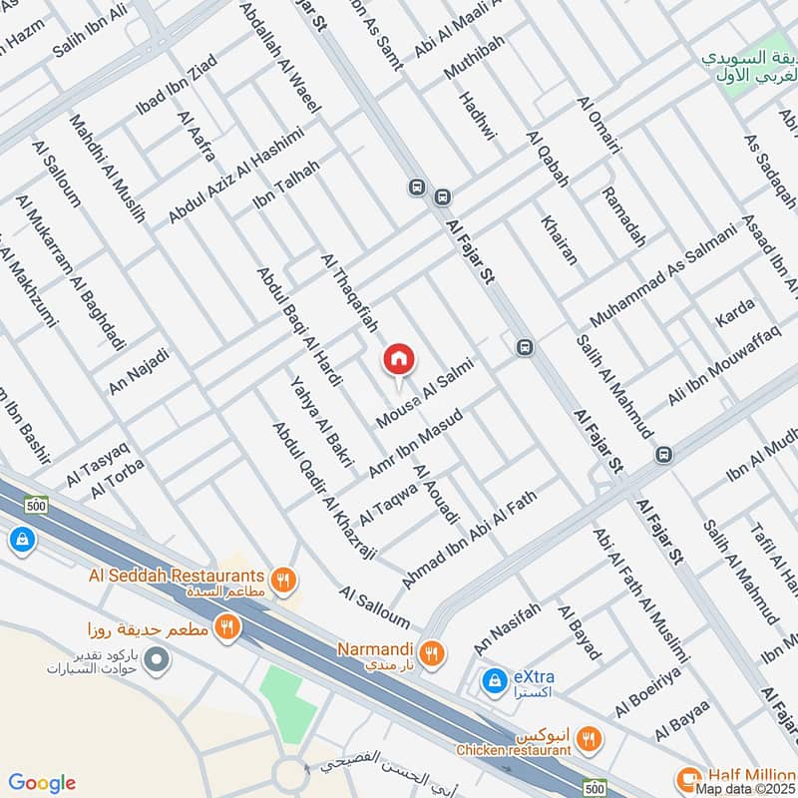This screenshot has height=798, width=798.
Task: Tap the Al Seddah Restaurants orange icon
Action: (x=284, y=578)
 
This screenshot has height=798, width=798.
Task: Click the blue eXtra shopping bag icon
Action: (x=493, y=681)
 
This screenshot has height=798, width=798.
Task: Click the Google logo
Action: (x=42, y=783)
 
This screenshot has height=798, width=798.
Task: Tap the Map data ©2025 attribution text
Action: (x=746, y=789)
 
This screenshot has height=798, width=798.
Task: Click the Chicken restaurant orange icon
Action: (x=590, y=739)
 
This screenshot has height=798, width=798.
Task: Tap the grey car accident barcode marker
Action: (x=155, y=659)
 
